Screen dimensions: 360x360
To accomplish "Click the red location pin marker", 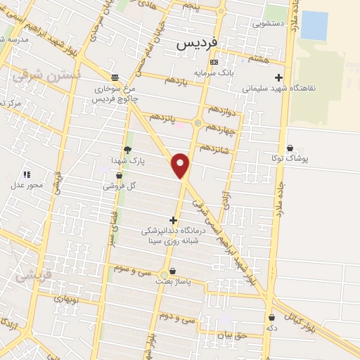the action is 181,165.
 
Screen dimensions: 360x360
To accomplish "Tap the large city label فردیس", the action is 194,44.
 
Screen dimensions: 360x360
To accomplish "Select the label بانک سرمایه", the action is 214,72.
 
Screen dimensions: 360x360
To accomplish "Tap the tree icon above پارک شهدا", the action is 127,150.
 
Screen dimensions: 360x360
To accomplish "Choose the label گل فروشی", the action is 119,186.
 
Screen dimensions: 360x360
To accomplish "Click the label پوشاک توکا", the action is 293,158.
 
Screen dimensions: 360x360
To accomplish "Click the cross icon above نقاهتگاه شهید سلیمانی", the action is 279,78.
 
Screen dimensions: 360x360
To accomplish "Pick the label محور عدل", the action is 27,185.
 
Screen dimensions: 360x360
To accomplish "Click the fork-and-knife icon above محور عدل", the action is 27,174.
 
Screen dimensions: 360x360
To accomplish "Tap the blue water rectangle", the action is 314,25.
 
